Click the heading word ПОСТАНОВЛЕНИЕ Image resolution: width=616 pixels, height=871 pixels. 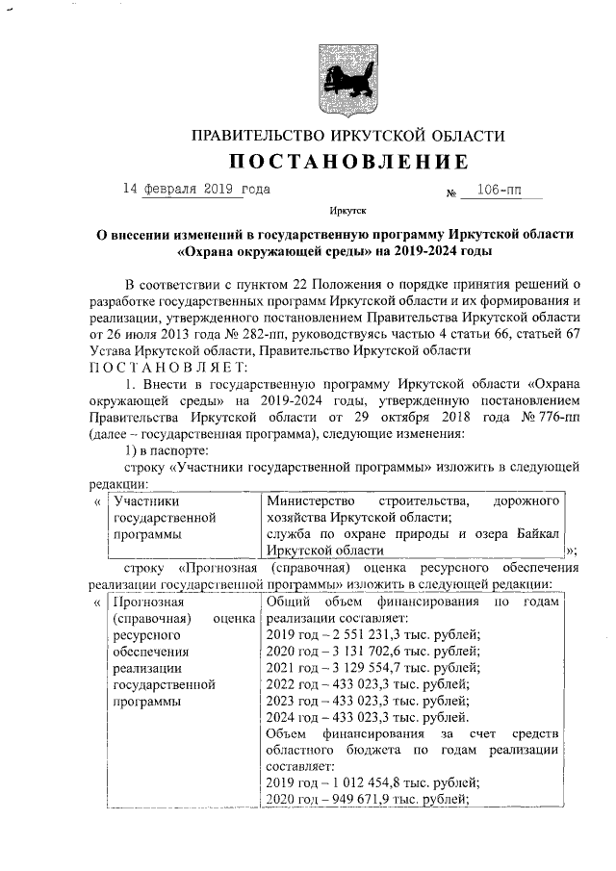click(348, 161)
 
